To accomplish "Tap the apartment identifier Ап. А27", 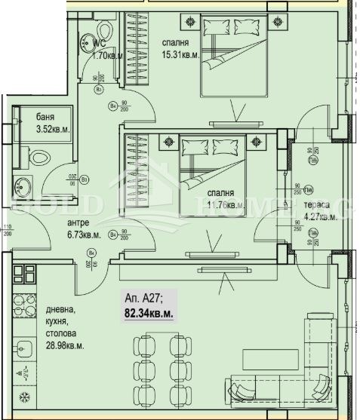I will tap(142, 296).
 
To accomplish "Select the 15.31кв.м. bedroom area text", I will tap(180, 54).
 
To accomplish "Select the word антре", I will tap(78, 222).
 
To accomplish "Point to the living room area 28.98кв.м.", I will tap(63, 345).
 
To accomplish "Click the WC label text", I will tap(100, 43).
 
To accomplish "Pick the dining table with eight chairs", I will tap(157, 367).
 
